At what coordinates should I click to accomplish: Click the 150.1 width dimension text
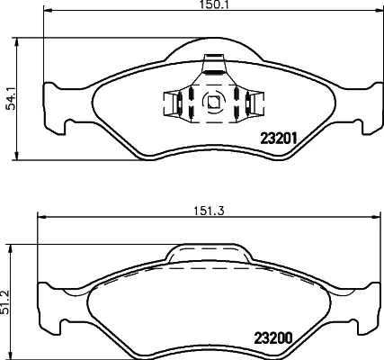point(213,4)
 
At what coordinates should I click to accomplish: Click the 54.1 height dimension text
point(11,99)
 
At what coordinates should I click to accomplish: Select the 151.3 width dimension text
point(209,211)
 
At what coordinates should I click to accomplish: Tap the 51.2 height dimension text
point(4,302)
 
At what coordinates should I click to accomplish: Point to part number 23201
point(279,139)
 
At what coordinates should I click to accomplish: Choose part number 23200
point(273,338)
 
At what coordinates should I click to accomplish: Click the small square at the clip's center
point(214,102)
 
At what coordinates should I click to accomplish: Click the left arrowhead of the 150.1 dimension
point(49,11)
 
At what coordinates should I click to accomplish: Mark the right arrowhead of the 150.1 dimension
point(379,11)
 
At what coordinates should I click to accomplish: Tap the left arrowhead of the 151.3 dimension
point(41,217)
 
